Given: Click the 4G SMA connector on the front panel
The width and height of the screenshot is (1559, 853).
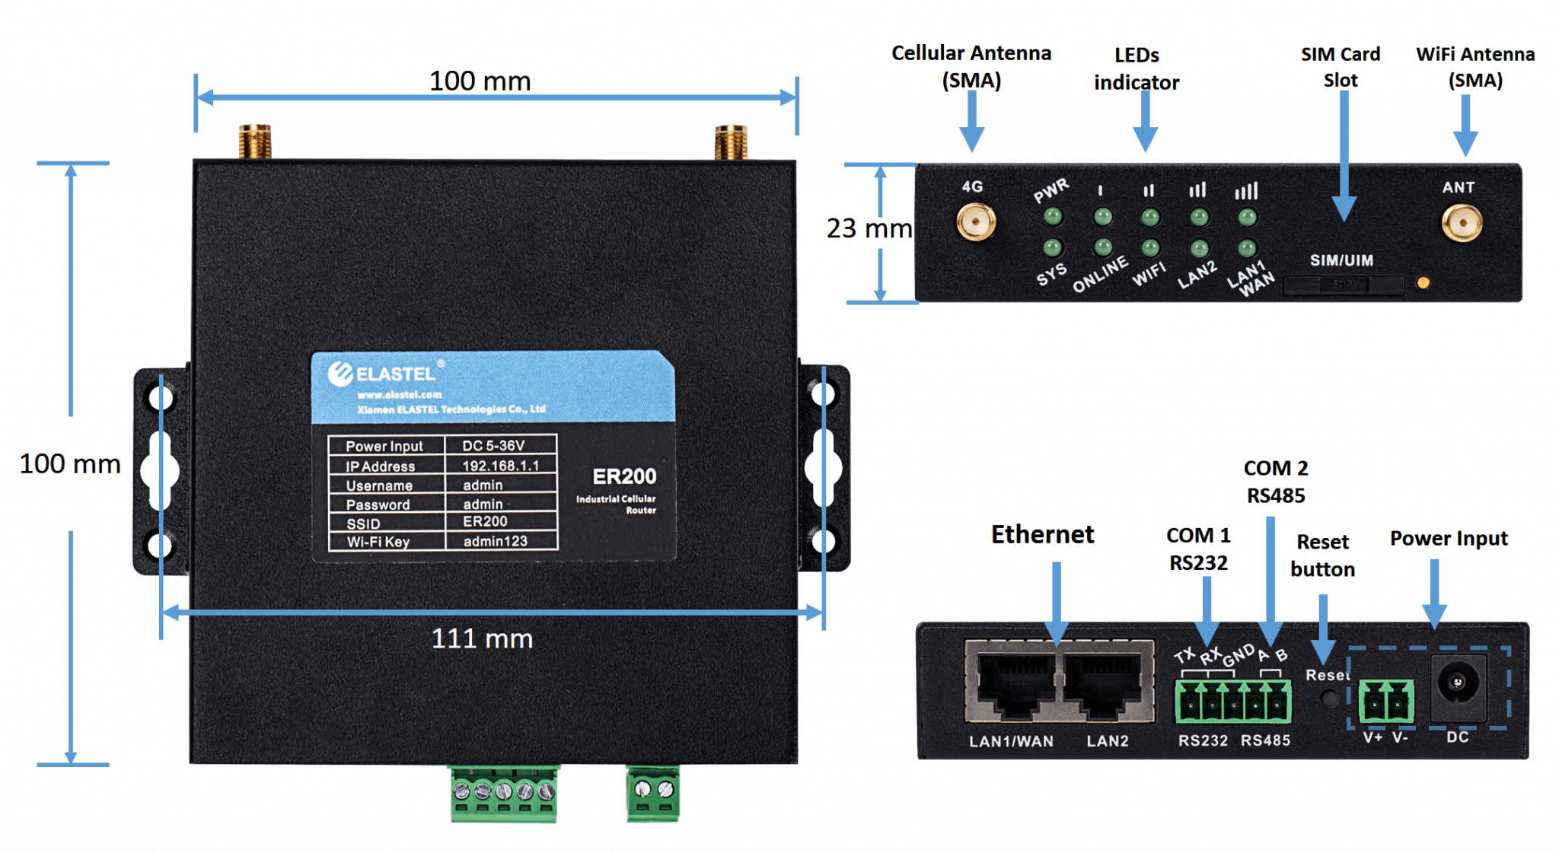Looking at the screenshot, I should pyautogui.click(x=975, y=222).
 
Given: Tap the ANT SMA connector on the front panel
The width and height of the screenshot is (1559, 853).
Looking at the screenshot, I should pyautogui.click(x=1461, y=224).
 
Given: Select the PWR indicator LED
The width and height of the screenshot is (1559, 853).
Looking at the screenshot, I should pyautogui.click(x=1053, y=217).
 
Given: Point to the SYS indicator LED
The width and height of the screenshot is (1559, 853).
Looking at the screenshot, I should pyautogui.click(x=1053, y=247).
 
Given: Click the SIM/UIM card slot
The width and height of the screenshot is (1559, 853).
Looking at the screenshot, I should pyautogui.click(x=1344, y=285).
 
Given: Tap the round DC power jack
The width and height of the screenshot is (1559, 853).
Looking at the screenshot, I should pyautogui.click(x=1457, y=683).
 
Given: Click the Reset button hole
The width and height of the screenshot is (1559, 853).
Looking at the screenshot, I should pyautogui.click(x=1329, y=697).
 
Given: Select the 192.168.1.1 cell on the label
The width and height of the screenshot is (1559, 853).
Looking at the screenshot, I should pyautogui.click(x=500, y=465).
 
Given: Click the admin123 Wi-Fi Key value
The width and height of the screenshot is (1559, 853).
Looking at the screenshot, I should pyautogui.click(x=495, y=541).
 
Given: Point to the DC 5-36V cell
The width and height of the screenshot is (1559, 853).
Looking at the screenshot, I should pyautogui.click(x=493, y=445).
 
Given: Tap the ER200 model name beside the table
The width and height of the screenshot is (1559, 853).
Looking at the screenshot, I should pyautogui.click(x=624, y=476).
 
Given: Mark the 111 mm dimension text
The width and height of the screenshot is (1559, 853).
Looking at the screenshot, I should pyautogui.click(x=482, y=638).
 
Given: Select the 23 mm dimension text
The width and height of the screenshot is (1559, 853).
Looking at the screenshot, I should pyautogui.click(x=869, y=228).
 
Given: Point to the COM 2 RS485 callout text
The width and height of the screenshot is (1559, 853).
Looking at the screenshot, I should pyautogui.click(x=1276, y=482).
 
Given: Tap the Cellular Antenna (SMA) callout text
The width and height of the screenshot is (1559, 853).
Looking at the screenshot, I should pyautogui.click(x=971, y=66).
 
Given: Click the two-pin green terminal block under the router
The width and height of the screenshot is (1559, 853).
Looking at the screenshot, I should pyautogui.click(x=653, y=793).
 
